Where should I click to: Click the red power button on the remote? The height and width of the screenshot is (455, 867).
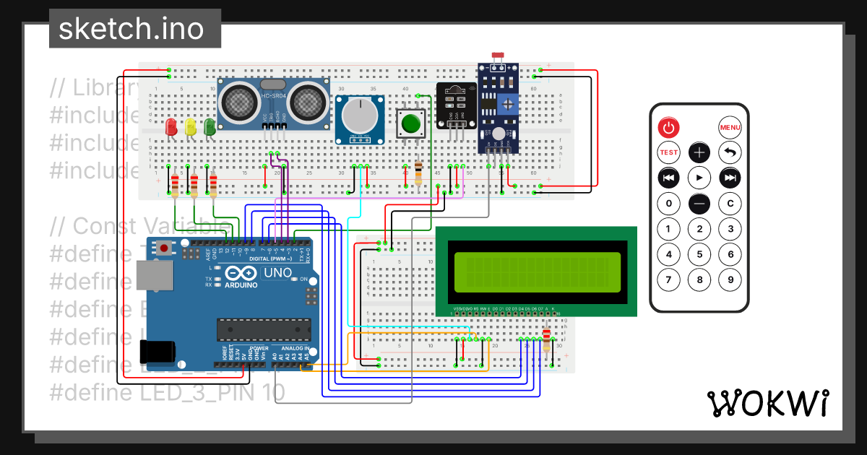click(669, 129)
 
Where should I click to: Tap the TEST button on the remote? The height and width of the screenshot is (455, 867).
click(669, 152)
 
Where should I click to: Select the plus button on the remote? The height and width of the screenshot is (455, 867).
click(699, 152)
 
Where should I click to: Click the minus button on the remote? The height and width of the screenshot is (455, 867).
click(699, 204)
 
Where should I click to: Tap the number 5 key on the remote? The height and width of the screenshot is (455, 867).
click(699, 254)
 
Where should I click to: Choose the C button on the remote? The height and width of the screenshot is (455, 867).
click(730, 204)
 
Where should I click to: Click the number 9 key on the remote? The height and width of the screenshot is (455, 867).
click(730, 279)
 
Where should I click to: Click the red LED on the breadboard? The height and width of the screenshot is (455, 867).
click(171, 127)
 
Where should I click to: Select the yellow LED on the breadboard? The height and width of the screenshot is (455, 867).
click(191, 127)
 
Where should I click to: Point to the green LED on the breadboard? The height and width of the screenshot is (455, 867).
click(210, 127)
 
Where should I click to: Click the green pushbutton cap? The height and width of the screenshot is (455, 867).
click(411, 122)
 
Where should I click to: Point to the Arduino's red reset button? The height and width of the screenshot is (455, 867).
click(165, 248)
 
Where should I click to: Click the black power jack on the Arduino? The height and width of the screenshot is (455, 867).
click(158, 352)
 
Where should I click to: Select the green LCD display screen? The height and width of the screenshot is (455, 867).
click(536, 272)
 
